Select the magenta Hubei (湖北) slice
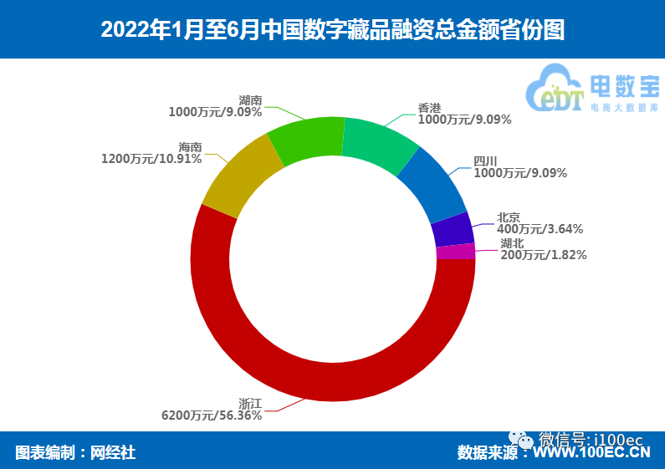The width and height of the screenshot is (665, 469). tap(456, 252)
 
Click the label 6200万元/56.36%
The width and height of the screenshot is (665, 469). tap(212, 415)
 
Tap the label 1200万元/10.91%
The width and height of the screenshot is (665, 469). tap(151, 158)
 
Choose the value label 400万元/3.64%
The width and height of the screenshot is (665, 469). tap(540, 228)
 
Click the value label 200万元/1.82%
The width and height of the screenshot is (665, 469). tap(543, 255)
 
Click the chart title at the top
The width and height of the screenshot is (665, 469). tap(332, 30)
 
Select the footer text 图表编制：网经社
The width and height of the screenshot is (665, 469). tap(75, 452)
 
